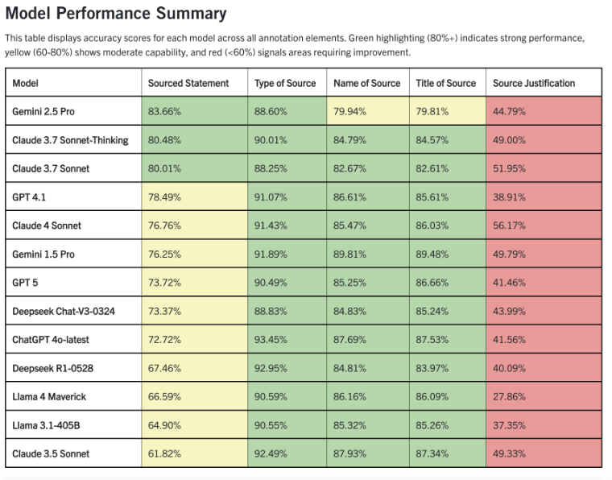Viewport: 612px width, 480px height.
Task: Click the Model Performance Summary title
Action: pos(116,14)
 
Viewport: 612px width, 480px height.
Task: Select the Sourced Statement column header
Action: pos(188,83)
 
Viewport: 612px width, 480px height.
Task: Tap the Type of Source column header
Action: pos(285,83)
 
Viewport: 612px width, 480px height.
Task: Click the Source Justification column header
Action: pos(533,83)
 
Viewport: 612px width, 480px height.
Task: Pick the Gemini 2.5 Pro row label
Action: pos(44,111)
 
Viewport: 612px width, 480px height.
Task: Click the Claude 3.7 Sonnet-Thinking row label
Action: pos(70,140)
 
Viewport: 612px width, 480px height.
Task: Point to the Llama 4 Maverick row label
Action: pos(49,396)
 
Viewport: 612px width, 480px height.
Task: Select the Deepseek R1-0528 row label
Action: pos(52,368)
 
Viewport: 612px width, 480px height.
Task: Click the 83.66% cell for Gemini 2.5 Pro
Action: pos(164,111)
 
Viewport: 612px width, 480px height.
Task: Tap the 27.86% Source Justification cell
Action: pos(509,396)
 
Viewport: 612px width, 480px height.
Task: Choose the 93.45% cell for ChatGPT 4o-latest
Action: pos(271,339)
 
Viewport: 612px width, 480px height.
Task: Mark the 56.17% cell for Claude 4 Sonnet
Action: pos(509,226)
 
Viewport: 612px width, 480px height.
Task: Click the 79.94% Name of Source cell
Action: pos(350,111)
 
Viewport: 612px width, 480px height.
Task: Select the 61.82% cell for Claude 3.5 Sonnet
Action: pos(164,453)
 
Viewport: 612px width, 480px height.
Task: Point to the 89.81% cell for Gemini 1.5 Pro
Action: pos(350,254)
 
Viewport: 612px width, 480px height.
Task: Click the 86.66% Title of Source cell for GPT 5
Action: pos(432,283)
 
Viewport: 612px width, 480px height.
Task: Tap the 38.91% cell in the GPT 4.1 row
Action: pos(509,197)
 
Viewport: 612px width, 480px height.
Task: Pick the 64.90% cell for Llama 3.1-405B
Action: pos(164,425)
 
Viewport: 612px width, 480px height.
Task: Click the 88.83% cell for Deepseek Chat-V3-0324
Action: pos(271,311)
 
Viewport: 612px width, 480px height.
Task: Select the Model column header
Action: pos(26,83)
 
